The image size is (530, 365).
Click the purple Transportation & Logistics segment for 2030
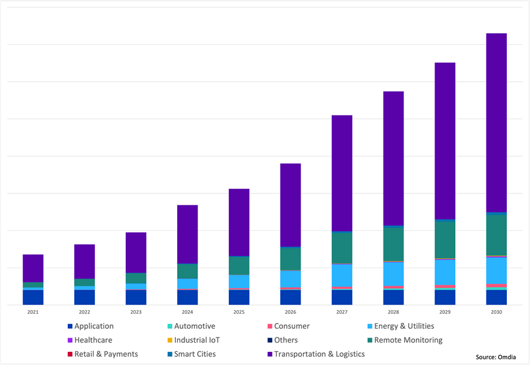pos(496,122)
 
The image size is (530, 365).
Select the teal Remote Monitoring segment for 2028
pos(393,244)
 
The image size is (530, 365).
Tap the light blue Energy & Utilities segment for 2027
pos(342,275)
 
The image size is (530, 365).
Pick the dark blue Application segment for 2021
pos(33,297)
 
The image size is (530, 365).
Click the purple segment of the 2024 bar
pos(188,234)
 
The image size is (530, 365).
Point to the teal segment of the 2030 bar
pos(496,235)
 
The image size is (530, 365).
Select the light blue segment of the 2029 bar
pos(445,272)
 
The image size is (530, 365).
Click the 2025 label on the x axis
pos(239,312)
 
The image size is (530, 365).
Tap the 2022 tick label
pos(84,312)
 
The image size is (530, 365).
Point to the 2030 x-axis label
pos(496,312)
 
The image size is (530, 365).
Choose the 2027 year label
pos(342,312)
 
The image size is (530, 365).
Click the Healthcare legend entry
pos(93,340)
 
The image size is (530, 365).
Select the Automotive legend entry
pos(195,326)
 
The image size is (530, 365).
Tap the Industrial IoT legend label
pos(196,340)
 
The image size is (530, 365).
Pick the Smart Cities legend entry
pos(195,354)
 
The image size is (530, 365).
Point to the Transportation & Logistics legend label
pos(319,354)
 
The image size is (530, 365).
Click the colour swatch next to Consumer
pos(269,326)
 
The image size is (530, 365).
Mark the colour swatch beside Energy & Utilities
pos(369,326)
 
